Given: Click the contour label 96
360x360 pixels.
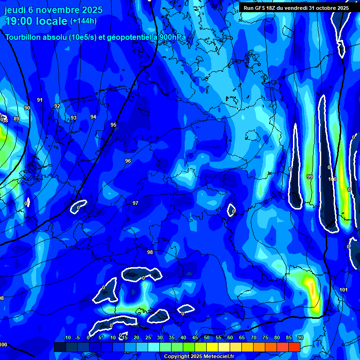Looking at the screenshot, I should point(128,161).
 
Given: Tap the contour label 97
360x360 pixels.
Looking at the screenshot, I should point(135,203).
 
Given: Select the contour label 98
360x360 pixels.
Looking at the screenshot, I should point(150,252).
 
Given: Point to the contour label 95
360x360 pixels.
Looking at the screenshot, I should point(113,125).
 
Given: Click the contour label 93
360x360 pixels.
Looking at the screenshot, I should point(74,118).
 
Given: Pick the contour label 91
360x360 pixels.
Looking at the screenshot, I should point(40,100).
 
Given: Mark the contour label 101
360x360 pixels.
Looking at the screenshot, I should point(344,290).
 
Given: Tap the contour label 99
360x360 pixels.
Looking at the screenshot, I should point(309,177).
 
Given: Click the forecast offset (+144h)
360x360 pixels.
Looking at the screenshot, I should point(83,21).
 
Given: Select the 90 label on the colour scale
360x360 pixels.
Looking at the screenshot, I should point(300,338).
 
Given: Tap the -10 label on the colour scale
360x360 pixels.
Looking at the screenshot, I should point(67,338).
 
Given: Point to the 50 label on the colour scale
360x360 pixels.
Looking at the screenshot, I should point(207,338).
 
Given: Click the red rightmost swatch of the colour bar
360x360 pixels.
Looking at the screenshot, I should point(294,347).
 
